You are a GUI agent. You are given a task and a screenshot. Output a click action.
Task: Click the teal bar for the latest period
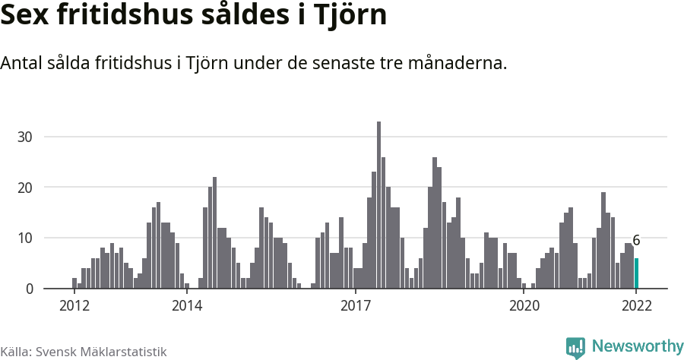[x=637, y=273]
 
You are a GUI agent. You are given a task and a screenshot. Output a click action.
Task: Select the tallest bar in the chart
[x=379, y=205]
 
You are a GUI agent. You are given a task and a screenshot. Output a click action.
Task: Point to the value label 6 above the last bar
[x=636, y=241]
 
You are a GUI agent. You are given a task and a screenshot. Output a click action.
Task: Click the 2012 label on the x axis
[x=74, y=305]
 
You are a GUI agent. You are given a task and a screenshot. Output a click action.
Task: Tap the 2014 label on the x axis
[x=187, y=305]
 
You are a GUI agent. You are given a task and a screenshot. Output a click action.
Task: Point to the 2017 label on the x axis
[x=355, y=305]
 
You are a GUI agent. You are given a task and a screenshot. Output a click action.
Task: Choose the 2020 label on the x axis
[x=524, y=305]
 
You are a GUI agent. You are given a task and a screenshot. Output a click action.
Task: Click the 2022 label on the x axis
[x=636, y=305]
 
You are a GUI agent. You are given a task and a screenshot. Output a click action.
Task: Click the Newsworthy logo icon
[x=575, y=347]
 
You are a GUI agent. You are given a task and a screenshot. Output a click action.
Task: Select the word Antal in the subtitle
[x=21, y=64]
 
